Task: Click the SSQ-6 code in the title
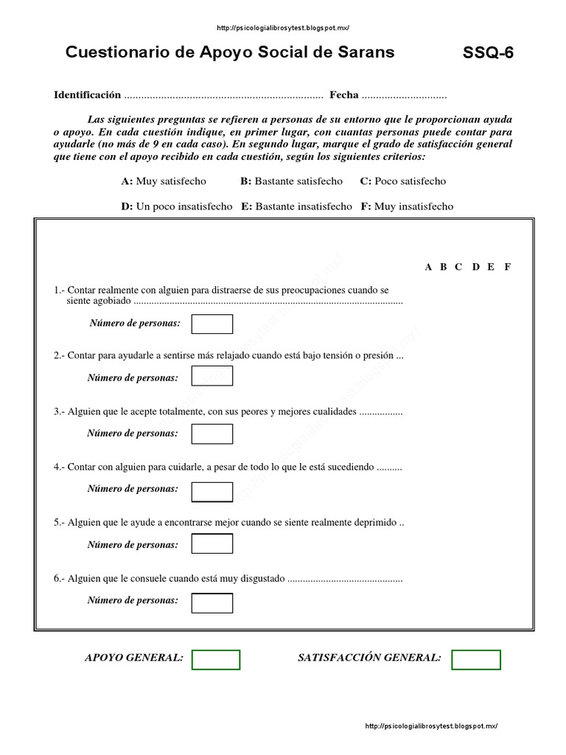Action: (x=488, y=53)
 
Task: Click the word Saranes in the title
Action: (x=367, y=52)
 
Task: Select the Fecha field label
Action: (x=344, y=95)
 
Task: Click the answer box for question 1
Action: (x=212, y=324)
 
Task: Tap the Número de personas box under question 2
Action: (x=212, y=376)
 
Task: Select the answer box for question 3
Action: (x=212, y=434)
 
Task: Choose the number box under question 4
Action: (x=212, y=491)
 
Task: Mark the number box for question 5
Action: (x=212, y=544)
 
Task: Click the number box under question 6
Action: (x=212, y=602)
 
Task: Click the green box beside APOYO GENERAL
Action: (x=216, y=659)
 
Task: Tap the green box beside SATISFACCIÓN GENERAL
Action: (x=476, y=659)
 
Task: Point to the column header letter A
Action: (x=428, y=267)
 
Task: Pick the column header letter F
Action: (x=507, y=267)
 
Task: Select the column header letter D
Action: (x=475, y=267)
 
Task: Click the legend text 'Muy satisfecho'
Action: (x=171, y=181)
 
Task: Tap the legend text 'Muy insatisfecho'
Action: (x=413, y=206)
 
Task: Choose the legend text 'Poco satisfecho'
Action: (x=410, y=181)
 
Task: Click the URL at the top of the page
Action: (x=283, y=28)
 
